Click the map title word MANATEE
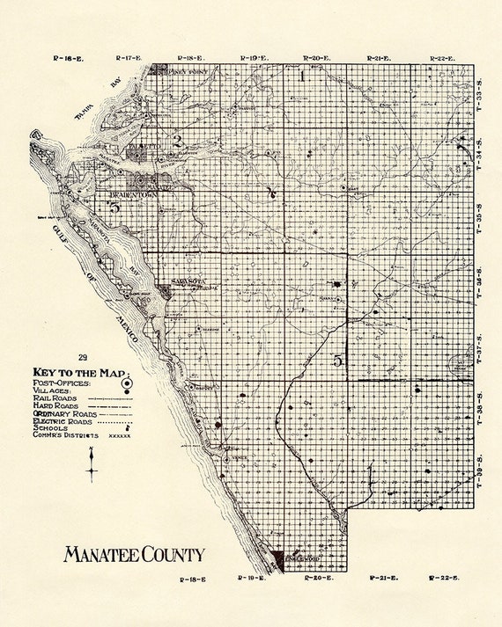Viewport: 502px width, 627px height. click(99, 555)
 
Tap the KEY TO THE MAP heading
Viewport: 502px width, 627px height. click(80, 371)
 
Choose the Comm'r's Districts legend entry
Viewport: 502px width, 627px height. click(63, 435)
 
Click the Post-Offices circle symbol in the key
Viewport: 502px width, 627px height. click(126, 383)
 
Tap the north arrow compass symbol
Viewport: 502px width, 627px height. click(92, 464)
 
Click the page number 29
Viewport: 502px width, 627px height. click(83, 357)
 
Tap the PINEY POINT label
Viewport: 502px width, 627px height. click(180, 72)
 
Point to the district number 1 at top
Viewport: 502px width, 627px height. click(302, 76)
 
